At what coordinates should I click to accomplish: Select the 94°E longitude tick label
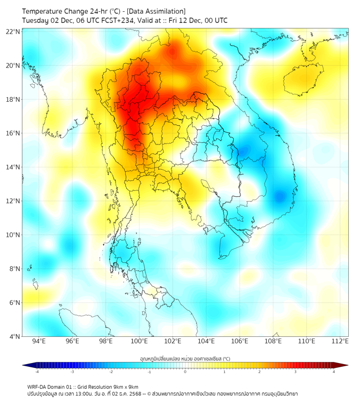pyautogui.click(x=39, y=341)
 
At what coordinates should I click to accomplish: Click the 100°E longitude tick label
pyautogui.click(x=140, y=341)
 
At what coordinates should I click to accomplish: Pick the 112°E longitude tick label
pyautogui.click(x=340, y=341)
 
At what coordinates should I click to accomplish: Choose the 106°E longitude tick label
pyautogui.click(x=240, y=341)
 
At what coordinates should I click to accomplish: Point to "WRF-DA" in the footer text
pyautogui.click(x=37, y=386)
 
